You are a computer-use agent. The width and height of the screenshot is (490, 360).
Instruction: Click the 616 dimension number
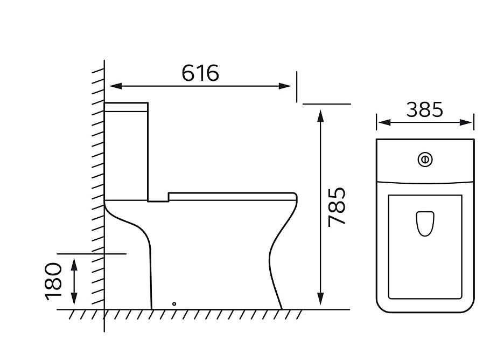click(x=200, y=73)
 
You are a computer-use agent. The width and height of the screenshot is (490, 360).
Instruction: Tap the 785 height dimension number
click(x=337, y=207)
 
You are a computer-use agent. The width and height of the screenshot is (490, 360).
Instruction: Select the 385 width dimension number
click(x=425, y=109)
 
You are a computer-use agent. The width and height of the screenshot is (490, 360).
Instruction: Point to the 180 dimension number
click(x=53, y=281)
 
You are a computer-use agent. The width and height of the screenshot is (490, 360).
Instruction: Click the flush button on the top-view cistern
click(x=425, y=160)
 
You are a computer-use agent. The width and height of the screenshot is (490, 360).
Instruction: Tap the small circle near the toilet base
click(x=174, y=304)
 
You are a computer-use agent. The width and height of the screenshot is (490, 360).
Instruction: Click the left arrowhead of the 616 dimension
click(x=115, y=86)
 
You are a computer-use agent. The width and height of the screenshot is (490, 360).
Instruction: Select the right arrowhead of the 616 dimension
click(x=285, y=86)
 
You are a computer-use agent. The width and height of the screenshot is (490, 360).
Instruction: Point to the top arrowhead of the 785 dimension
click(x=320, y=116)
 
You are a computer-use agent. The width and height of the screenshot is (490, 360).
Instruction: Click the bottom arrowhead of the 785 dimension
click(x=320, y=299)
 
